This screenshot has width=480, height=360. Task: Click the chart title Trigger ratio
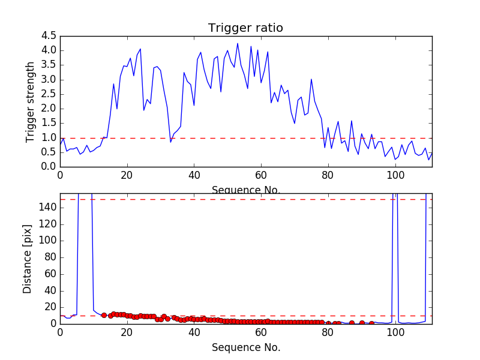tap(245, 28)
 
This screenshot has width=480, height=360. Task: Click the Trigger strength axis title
tap(31, 101)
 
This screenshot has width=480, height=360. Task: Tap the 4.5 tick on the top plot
tap(49, 37)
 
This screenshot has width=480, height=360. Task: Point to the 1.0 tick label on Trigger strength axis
tap(49, 137)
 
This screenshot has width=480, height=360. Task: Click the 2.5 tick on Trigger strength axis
tap(49, 94)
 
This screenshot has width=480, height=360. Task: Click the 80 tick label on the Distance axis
tap(50, 257)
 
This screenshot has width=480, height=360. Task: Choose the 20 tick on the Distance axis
tap(50, 307)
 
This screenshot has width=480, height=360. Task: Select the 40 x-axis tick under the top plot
tap(194, 176)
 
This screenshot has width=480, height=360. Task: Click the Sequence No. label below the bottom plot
tap(245, 347)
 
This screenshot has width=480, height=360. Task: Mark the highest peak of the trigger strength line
tap(238, 43)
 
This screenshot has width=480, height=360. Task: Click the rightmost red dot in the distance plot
tap(371, 323)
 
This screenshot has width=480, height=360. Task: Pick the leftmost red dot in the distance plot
tap(104, 315)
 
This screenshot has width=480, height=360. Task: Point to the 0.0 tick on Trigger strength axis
tap(49, 167)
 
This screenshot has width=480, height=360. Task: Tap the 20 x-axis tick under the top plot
tap(127, 176)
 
